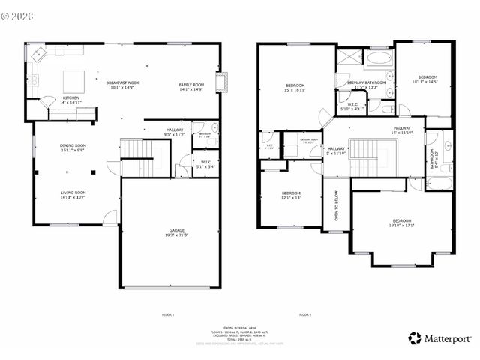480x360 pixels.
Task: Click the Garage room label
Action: [170, 232]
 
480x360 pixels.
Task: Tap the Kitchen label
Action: [71, 100]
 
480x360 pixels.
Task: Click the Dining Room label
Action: [73, 148]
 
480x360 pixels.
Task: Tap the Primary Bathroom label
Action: [370, 84]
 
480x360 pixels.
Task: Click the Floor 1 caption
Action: [168, 313]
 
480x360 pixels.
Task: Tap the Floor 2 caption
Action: [305, 313]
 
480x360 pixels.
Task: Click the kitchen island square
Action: [73, 80]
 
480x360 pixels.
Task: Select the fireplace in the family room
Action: [221, 82]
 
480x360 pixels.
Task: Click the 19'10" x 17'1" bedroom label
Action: [401, 223]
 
